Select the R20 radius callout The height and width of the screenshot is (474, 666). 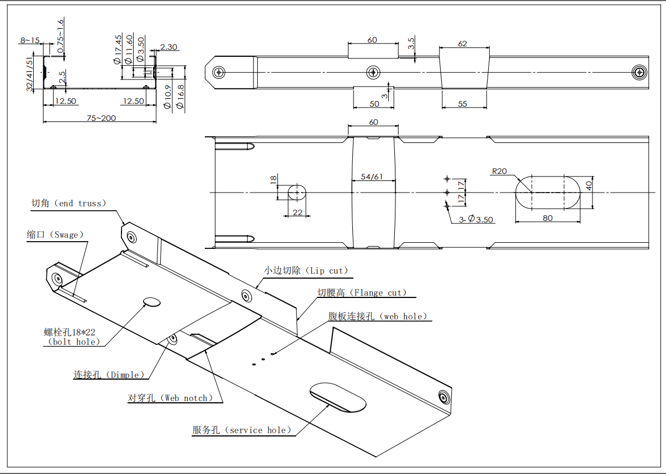coord(499,171)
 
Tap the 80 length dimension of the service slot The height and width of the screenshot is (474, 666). coord(547,218)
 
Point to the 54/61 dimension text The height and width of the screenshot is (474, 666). coord(372,177)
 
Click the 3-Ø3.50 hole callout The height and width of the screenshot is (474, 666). coord(476,220)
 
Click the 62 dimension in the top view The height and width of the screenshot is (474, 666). coord(463,44)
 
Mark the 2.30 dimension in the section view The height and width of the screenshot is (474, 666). coord(168,47)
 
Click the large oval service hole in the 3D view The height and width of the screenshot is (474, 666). coord(337,397)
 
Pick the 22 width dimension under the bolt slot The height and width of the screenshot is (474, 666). coord(298,212)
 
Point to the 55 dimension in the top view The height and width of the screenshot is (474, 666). coord(463,104)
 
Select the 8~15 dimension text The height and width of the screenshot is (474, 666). coord(30,40)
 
